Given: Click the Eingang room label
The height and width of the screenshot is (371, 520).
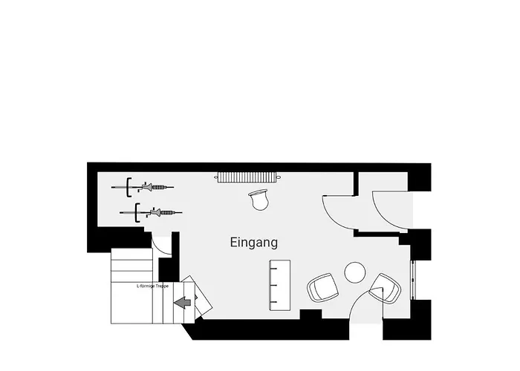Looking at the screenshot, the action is [x=254, y=243].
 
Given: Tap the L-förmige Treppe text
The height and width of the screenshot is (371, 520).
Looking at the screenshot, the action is [x=152, y=286].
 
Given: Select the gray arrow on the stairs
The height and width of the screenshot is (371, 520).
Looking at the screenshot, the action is [x=183, y=303].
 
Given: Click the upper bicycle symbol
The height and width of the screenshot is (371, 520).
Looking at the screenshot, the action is [x=143, y=187].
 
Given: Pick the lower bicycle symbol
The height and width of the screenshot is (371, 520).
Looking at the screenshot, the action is [x=151, y=212].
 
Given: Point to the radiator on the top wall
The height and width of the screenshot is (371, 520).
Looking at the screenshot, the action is [x=249, y=177].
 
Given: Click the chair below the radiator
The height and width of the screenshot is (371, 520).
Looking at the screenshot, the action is [x=259, y=200].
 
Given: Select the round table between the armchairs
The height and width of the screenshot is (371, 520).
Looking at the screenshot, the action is [x=355, y=272].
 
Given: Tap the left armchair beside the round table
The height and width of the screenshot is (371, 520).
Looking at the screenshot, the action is [x=322, y=288].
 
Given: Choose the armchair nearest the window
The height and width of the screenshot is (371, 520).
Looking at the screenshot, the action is [x=386, y=288].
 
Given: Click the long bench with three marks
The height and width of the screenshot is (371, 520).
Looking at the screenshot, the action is [x=279, y=285].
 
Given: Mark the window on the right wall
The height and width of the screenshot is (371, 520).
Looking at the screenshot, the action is [x=413, y=280].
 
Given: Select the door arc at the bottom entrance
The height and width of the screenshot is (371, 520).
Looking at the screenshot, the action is [x=359, y=301].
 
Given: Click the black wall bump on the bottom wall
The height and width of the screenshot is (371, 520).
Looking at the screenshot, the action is [x=311, y=315].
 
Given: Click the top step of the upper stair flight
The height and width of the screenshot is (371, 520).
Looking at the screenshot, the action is [x=131, y=254].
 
